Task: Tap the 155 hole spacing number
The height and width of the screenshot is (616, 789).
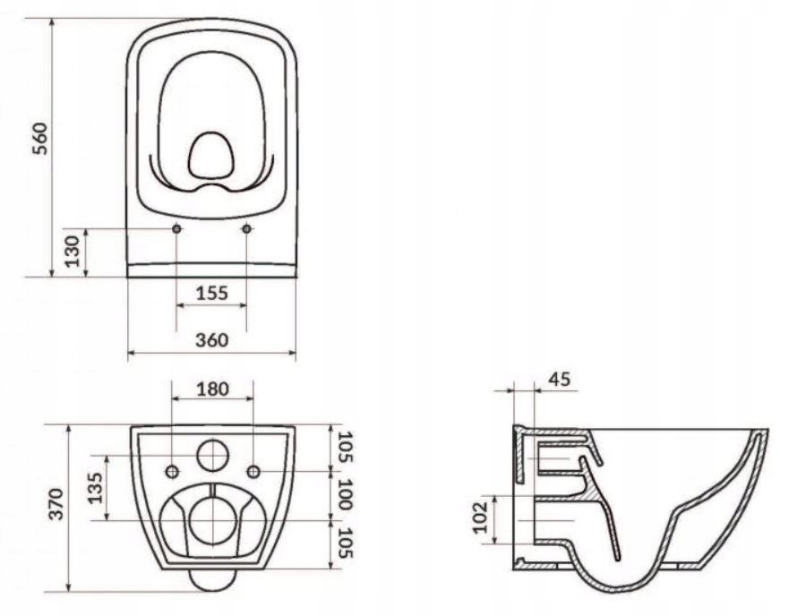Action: [211, 293]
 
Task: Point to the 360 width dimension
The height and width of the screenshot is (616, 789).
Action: [211, 340]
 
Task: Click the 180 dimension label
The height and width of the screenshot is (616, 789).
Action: [212, 389]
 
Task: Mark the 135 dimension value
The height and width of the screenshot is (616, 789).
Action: [95, 487]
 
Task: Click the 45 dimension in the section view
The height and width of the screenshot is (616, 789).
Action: [559, 380]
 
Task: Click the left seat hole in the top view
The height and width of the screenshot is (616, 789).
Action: [176, 230]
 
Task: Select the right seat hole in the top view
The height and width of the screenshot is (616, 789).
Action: [247, 230]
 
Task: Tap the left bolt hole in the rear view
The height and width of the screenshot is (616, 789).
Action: [173, 471]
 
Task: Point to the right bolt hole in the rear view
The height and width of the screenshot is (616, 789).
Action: [253, 471]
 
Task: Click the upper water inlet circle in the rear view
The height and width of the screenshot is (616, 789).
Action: [212, 456]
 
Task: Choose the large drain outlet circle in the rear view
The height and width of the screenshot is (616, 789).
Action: [212, 520]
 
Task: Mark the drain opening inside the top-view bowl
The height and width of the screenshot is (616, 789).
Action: [210, 156]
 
